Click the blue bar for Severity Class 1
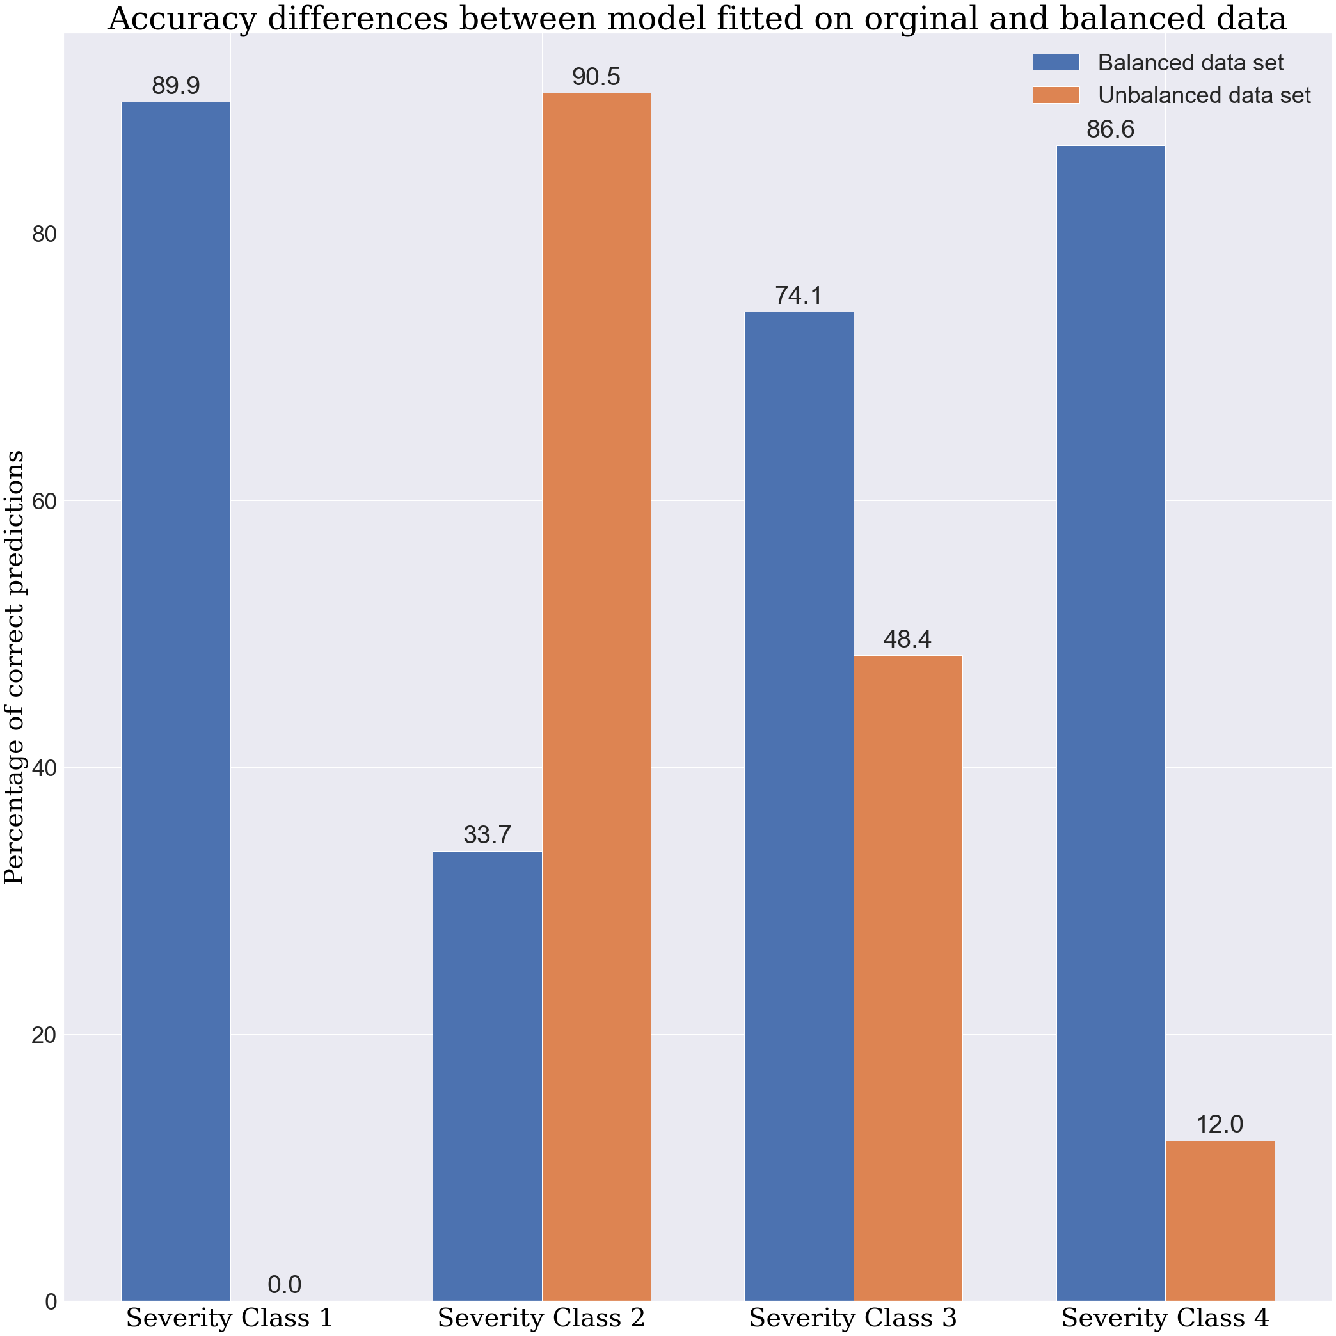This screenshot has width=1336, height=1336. (176, 701)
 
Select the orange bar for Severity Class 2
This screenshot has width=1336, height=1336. (596, 696)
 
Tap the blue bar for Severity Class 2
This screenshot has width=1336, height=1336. (488, 1076)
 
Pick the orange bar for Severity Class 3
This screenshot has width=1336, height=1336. (908, 978)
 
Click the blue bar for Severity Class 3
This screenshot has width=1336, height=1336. (799, 806)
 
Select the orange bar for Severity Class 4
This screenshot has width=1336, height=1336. (1220, 1221)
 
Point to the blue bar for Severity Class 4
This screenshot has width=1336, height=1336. (1111, 722)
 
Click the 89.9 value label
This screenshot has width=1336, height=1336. (176, 86)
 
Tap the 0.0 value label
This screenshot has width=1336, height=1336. (284, 1285)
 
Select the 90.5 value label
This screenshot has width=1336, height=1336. (596, 77)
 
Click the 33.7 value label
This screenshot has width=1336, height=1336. (488, 836)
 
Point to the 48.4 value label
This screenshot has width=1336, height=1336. (908, 640)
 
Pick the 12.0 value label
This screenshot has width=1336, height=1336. (1220, 1124)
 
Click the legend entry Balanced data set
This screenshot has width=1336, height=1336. (1190, 62)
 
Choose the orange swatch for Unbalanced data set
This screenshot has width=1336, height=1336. (1055, 95)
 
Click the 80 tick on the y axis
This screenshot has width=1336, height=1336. (44, 234)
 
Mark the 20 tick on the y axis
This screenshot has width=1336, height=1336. (44, 1035)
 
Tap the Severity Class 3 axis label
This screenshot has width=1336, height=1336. (854, 1317)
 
